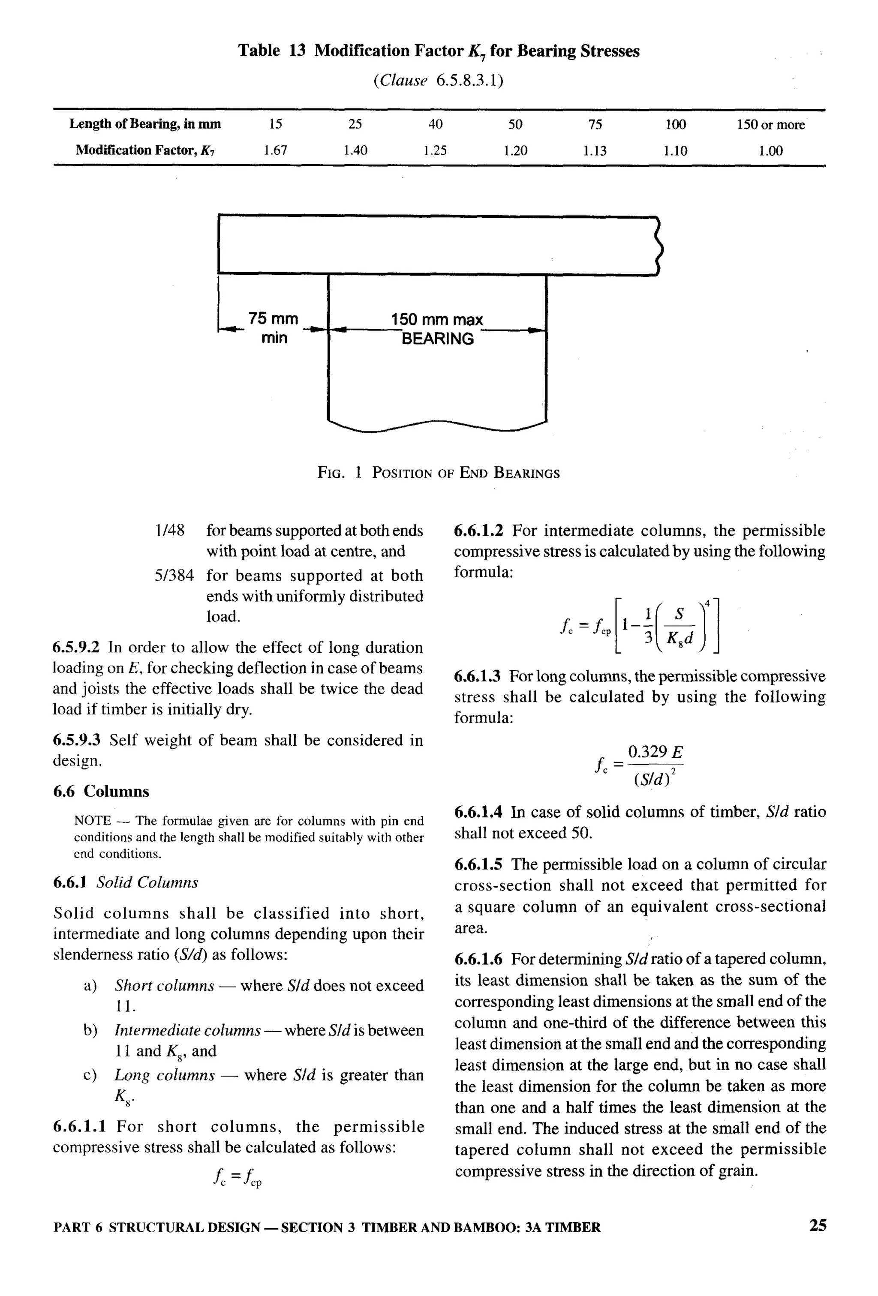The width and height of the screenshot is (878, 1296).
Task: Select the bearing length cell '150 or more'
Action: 770,124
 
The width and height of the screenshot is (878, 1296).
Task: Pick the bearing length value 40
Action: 435,124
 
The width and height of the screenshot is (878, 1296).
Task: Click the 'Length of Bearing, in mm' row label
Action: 145,124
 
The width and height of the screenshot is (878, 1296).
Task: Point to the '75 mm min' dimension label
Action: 274,328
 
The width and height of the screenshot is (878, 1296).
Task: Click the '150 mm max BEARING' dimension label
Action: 437,329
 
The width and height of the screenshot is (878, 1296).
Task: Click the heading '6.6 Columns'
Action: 101,791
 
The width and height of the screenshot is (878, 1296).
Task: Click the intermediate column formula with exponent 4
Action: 640,624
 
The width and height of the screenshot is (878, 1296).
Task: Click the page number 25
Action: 817,1225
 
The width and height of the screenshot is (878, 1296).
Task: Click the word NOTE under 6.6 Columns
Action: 92,820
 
